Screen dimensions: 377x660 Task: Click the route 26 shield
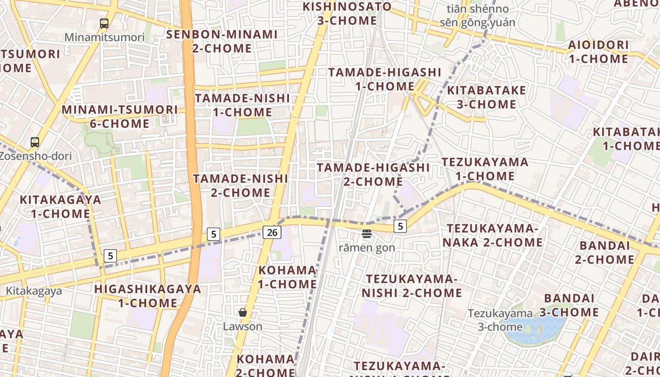[272, 232]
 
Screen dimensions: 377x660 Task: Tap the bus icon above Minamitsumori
[104, 23]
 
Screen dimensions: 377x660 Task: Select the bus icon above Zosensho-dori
[35, 142]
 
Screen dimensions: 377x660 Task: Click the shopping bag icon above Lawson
[243, 312]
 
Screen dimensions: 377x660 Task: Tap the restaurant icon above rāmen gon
[367, 233]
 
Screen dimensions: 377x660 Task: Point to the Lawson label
[243, 326]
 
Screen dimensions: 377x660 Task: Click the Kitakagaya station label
[33, 291]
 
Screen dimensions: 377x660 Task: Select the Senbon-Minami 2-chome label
[222, 41]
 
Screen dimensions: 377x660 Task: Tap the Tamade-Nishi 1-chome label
[242, 105]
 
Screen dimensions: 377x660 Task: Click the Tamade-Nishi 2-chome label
[240, 186]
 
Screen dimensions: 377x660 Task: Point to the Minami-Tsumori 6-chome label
[120, 117]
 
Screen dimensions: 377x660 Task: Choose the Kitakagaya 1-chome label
[60, 206]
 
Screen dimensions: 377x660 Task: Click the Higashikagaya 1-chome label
[148, 296]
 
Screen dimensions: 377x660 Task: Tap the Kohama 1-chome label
[288, 277]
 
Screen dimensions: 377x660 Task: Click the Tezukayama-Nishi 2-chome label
[412, 286]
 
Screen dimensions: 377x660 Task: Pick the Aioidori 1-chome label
[598, 52]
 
